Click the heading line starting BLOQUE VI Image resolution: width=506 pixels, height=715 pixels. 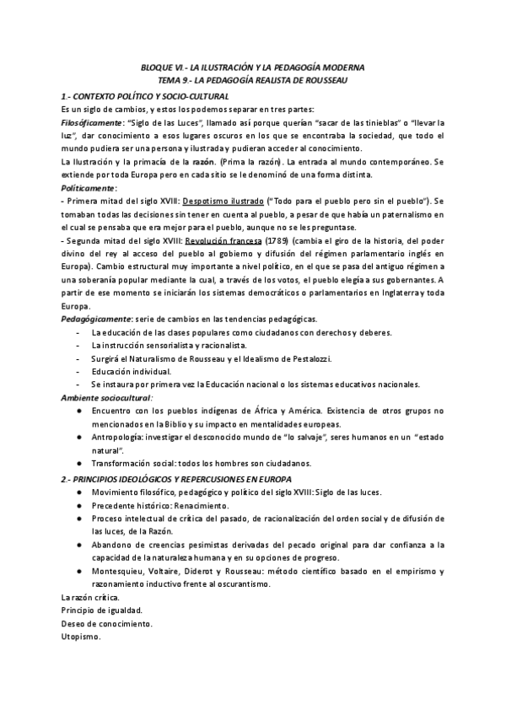(253, 67)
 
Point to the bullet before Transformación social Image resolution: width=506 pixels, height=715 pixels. (78, 463)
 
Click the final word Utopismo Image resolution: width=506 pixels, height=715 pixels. (81, 637)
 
